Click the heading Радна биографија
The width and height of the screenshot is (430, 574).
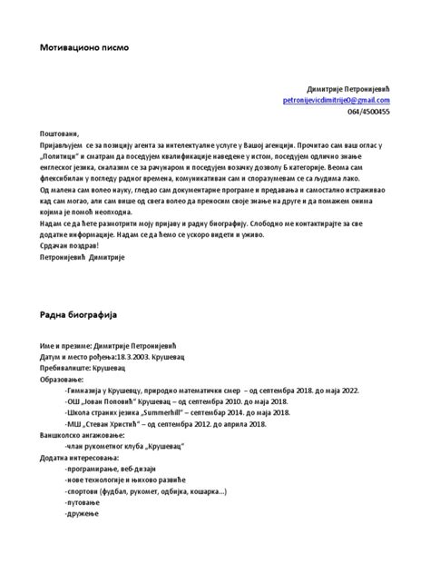pyautogui.click(x=79, y=313)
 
